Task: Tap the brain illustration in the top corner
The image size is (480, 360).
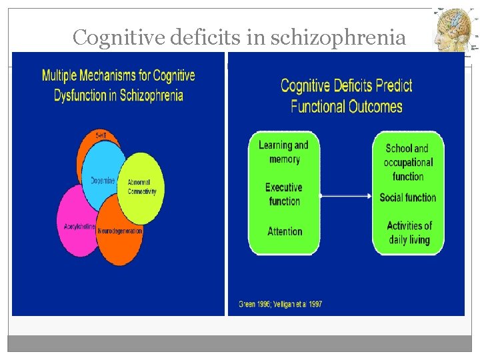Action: click(455, 31)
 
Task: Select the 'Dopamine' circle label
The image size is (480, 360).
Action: click(103, 181)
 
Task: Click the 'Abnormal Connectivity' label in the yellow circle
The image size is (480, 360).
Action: click(142, 187)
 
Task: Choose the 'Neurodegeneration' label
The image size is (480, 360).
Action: click(120, 231)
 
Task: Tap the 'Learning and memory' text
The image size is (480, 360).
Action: click(284, 152)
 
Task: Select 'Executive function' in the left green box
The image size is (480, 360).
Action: click(284, 194)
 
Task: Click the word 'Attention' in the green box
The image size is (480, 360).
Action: click(285, 231)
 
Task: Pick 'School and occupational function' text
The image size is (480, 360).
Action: click(407, 162)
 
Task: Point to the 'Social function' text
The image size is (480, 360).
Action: click(407, 197)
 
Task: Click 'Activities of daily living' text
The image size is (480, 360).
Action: click(409, 232)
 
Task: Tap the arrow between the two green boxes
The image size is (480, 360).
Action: click(345, 196)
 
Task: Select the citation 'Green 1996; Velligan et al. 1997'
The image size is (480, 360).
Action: click(280, 304)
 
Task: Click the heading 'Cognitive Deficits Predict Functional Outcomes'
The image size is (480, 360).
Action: click(346, 95)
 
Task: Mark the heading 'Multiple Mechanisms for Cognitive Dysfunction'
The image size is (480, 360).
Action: click(119, 85)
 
